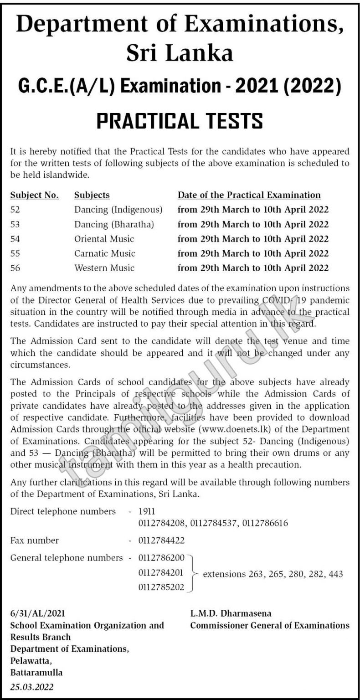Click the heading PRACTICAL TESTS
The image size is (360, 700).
click(180, 121)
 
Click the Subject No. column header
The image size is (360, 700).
click(34, 195)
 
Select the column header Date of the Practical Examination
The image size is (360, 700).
click(249, 195)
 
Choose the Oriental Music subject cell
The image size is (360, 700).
click(104, 239)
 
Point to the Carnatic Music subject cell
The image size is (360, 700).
click(105, 253)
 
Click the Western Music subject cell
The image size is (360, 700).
click(104, 268)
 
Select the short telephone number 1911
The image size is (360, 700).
click(146, 511)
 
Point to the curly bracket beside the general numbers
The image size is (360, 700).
click(193, 573)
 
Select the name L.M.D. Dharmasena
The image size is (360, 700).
click(231, 613)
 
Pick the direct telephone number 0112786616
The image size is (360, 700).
click(265, 523)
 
